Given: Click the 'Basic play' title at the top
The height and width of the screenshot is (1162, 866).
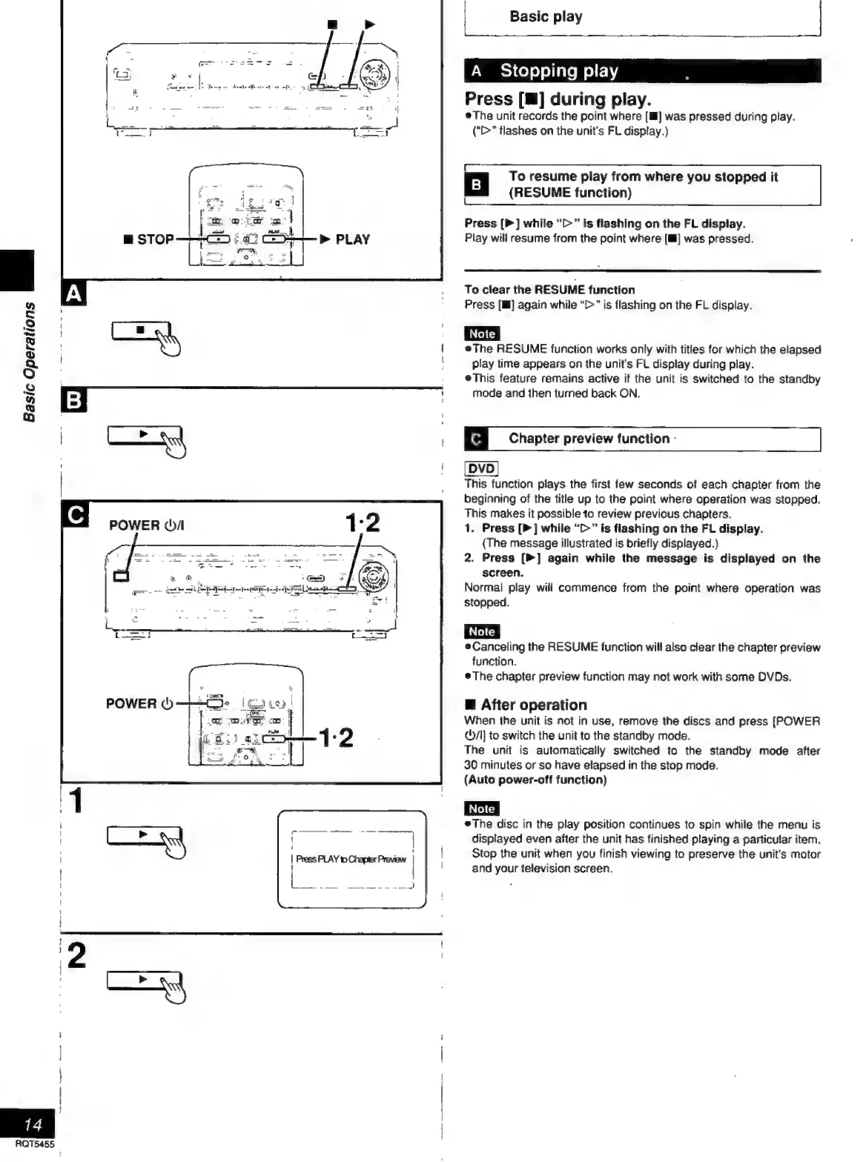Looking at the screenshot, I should click(546, 16).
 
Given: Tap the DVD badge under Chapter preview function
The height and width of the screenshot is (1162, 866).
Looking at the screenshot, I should click(481, 468).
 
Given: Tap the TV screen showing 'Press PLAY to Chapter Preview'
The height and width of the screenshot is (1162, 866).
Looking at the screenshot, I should click(351, 859).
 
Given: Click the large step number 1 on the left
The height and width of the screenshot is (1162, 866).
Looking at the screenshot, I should click(76, 801).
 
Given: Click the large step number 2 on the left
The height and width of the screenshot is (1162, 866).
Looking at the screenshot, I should click(76, 956).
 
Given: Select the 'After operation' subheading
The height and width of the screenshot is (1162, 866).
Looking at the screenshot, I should click(533, 705).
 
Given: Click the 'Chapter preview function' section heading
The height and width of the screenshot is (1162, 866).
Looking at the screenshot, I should click(589, 439).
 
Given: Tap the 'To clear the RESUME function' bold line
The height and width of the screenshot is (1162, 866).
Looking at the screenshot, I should click(549, 290).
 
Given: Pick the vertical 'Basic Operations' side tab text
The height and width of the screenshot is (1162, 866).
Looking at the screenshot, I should click(29, 361).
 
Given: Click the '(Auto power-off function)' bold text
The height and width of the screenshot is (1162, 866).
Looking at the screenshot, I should click(535, 780).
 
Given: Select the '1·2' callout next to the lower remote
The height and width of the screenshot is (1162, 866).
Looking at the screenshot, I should click(335, 738).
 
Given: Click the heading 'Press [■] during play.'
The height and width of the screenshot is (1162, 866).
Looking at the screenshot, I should click(558, 99).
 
